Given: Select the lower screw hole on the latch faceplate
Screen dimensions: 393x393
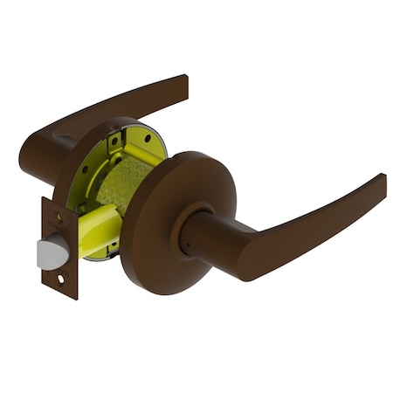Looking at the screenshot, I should [60, 279].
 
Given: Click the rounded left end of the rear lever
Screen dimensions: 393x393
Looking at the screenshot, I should [31, 153].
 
